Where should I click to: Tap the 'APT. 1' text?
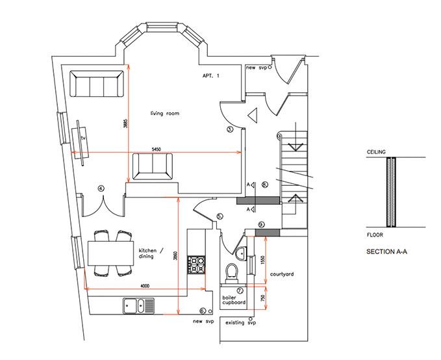pos(210,76)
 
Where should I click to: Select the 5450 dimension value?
pos(157,149)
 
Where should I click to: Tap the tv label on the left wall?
pos(83,138)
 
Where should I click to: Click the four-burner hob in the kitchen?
pos(197,264)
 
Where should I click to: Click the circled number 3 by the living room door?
pos(229,129)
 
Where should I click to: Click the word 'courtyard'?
pos(282,274)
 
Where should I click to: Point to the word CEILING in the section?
pos(376,151)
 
